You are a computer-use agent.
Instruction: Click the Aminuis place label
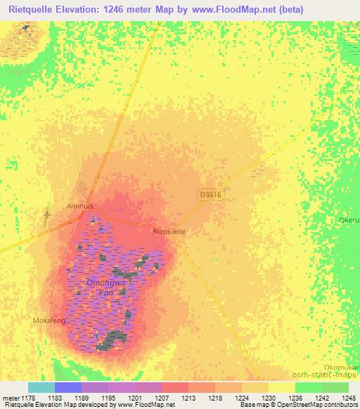pos(79,207)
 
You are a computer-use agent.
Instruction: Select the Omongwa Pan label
pos(105,286)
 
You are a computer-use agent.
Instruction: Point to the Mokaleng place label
pos(50,320)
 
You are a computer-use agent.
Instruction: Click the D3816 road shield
pos(210,195)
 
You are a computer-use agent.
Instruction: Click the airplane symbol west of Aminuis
pos(46,213)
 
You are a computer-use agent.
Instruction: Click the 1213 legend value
pos(188,397)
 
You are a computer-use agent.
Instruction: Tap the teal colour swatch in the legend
pos(41,387)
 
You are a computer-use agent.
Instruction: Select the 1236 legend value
pos(295,397)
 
